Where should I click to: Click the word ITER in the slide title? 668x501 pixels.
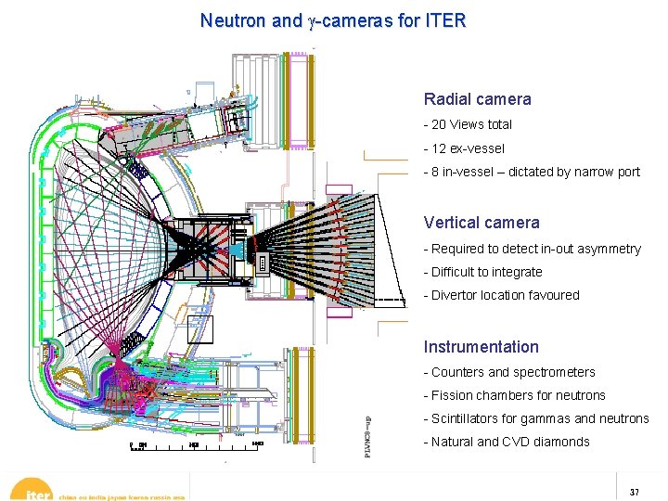pos(442,19)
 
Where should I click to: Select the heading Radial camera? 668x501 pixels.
pos(478,99)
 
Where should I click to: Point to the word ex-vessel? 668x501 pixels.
pos(477,148)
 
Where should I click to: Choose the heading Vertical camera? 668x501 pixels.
pos(482,223)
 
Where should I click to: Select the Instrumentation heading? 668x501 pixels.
pos(481,347)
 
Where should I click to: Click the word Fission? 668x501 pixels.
pos(450,395)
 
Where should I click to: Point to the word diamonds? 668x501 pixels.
pos(560,442)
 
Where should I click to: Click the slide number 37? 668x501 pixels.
pos(635,491)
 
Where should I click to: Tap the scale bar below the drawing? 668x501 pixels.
pos(195,446)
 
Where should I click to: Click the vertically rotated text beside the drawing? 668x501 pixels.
pos(368,436)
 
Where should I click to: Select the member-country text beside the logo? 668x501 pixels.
pos(122,495)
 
